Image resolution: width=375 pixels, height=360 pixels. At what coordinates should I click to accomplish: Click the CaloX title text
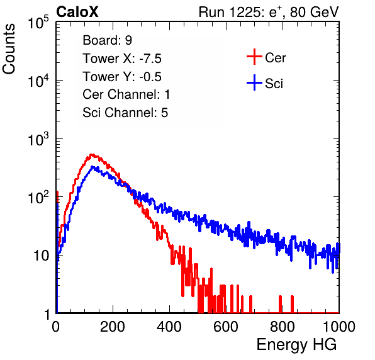pyautogui.click(x=77, y=12)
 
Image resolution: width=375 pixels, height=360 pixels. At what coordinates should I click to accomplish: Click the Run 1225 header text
pyautogui.click(x=269, y=12)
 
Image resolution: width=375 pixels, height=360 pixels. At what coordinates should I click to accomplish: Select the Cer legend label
pyautogui.click(x=275, y=58)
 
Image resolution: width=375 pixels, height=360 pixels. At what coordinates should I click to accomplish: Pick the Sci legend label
pyautogui.click(x=274, y=84)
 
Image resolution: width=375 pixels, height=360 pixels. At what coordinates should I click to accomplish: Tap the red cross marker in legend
pyautogui.click(x=254, y=57)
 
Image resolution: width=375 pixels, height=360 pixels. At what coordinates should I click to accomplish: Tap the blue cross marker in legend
pyautogui.click(x=254, y=82)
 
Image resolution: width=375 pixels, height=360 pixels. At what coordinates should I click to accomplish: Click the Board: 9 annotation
pyautogui.click(x=107, y=40)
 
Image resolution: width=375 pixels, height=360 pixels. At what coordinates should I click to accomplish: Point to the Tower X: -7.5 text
pyautogui.click(x=122, y=59)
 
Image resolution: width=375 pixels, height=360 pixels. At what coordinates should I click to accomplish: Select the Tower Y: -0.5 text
pyautogui.click(x=122, y=77)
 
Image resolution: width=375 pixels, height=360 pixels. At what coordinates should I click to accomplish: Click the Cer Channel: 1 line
pyautogui.click(x=126, y=94)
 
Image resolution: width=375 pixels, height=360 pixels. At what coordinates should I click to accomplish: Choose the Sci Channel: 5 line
pyautogui.click(x=125, y=113)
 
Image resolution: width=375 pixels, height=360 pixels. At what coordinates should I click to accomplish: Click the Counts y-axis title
pyautogui.click(x=9, y=49)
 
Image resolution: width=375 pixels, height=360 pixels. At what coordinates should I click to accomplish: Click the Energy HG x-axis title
pyautogui.click(x=296, y=345)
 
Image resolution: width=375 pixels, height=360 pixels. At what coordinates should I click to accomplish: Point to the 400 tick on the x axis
pyautogui.click(x=169, y=327)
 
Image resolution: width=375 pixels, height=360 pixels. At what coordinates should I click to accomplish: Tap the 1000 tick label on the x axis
pyautogui.click(x=339, y=327)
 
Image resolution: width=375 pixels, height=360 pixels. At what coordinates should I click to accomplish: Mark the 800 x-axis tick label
pyautogui.click(x=283, y=327)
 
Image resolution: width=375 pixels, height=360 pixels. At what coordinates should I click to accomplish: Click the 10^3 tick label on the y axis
pyautogui.click(x=38, y=139)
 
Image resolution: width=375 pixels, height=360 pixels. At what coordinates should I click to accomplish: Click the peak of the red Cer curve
pyautogui.click(x=92, y=155)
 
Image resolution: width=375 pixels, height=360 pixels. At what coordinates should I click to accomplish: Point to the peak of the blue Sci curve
pyautogui.click(x=92, y=167)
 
